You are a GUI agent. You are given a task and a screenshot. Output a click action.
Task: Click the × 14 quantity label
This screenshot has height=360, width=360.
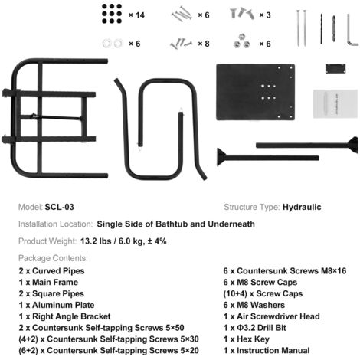pos(136,15)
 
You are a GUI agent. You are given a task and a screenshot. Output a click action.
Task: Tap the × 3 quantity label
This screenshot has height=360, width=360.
pos(265,15)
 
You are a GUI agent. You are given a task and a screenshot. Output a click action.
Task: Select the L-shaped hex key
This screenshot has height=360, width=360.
pos(352,30)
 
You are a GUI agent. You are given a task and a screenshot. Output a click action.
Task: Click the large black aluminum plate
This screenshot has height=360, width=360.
pos(255,92)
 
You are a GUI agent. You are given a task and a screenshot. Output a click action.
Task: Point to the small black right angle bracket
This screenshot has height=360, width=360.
pos(335,69)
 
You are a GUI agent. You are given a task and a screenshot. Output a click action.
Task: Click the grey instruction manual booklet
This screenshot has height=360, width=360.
pos(335,103)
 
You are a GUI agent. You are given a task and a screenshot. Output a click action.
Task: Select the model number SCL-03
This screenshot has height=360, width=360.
pos(59,207)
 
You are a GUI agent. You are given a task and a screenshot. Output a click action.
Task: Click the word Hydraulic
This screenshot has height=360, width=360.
pos(302,207)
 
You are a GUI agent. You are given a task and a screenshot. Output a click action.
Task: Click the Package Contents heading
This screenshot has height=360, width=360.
pos(53,258)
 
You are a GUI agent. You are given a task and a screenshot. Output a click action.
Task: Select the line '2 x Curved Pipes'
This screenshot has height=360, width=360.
pos(51,271)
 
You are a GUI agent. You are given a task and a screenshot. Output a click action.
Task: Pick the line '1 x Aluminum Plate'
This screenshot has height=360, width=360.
pos(57,305)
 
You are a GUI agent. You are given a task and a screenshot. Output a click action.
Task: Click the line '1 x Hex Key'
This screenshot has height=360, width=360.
pos(247,339)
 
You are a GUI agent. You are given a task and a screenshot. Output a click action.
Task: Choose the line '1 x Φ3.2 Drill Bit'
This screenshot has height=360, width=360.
pos(255,328)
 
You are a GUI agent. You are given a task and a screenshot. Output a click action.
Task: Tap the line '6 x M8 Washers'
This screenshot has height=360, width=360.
pos(254,305)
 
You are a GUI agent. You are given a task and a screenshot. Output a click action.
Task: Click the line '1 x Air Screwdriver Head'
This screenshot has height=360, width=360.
pos(272,316)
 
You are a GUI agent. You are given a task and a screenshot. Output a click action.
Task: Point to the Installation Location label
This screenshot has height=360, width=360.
pos(55,224)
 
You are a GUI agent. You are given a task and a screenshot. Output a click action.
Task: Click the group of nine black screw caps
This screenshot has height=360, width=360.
pos(112,14)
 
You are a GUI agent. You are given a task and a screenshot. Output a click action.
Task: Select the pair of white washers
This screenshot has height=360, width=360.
pos(113,44)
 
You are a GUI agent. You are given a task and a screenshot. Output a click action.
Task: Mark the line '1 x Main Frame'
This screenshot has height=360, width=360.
pos(48,282)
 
